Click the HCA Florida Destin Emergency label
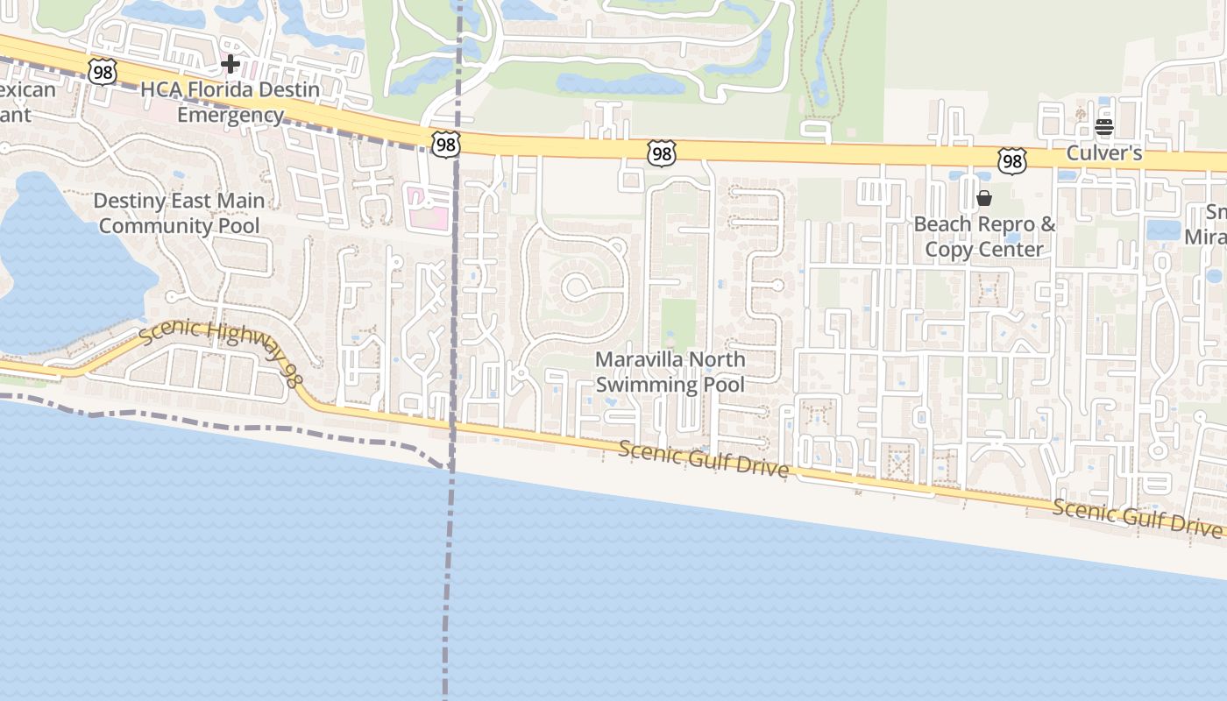tap(231, 102)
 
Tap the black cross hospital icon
tap(231, 64)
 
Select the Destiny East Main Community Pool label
tap(179, 213)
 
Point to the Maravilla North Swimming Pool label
tap(670, 372)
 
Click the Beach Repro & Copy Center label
tap(984, 237)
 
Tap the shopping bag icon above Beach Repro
tap(984, 198)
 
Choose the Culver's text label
tap(1103, 153)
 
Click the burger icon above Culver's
tap(1103, 127)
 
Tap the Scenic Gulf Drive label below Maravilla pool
tap(704, 459)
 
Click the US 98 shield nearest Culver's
tap(1011, 160)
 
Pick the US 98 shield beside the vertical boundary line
tap(445, 144)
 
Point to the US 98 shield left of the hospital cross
tap(103, 72)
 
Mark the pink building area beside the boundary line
tap(426, 208)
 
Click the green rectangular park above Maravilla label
tap(677, 324)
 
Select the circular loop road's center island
tap(578, 286)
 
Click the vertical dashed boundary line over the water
tap(449, 596)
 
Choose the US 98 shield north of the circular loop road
tap(662, 153)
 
